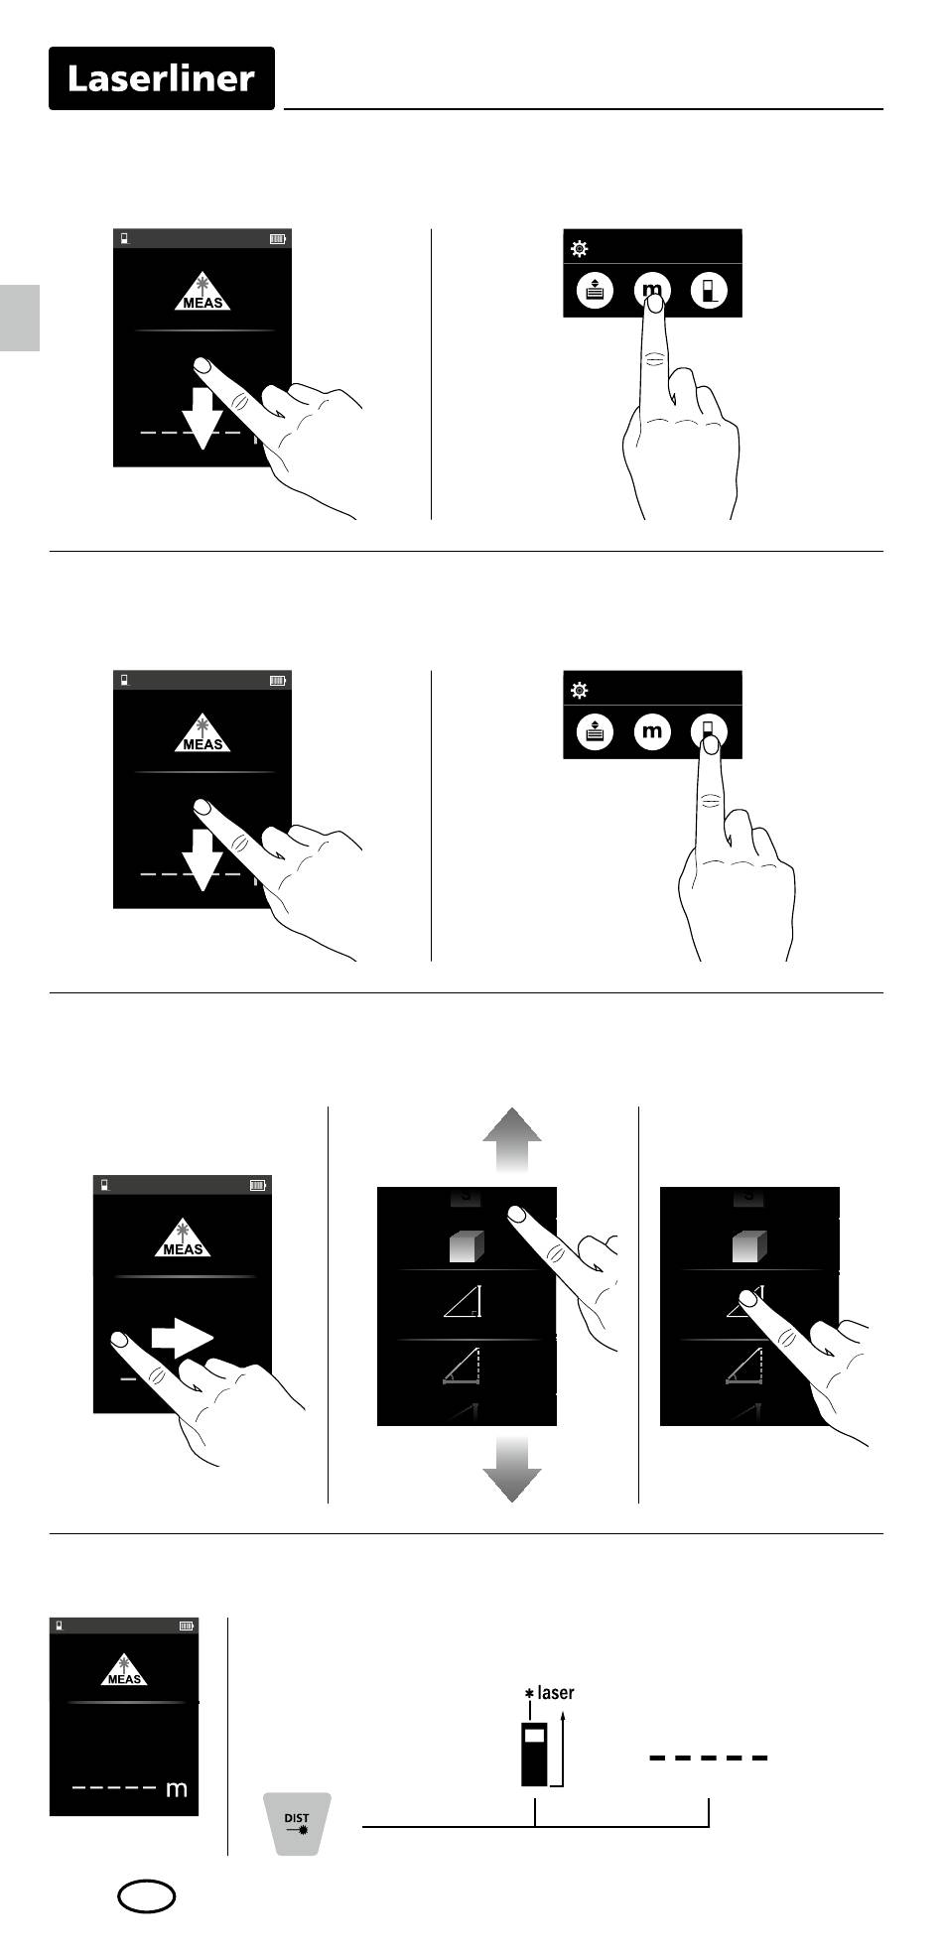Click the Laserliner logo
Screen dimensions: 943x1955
click(x=162, y=78)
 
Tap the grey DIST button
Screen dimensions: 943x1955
click(x=297, y=1823)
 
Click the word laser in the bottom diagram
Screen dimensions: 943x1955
click(x=556, y=1692)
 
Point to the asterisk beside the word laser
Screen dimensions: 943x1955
click(x=529, y=1693)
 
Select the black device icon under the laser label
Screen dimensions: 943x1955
click(x=534, y=1755)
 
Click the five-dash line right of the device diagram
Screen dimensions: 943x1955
click(x=709, y=1758)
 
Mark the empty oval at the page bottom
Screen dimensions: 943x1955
click(x=147, y=1897)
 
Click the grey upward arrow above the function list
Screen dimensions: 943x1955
click(x=512, y=1140)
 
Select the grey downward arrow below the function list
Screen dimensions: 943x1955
click(x=512, y=1470)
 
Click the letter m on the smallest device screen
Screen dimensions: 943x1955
click(x=177, y=1789)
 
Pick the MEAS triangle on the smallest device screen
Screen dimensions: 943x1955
click(x=124, y=1669)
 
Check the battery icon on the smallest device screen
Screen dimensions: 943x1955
click(x=187, y=1627)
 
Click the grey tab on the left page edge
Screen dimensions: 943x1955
click(x=20, y=318)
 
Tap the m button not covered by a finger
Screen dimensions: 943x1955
click(x=652, y=732)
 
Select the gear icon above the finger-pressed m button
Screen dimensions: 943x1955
click(x=580, y=249)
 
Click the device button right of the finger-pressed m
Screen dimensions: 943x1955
click(x=709, y=291)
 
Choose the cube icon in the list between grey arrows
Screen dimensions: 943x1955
click(x=467, y=1245)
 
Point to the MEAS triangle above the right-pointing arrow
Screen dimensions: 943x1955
click(x=183, y=1240)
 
